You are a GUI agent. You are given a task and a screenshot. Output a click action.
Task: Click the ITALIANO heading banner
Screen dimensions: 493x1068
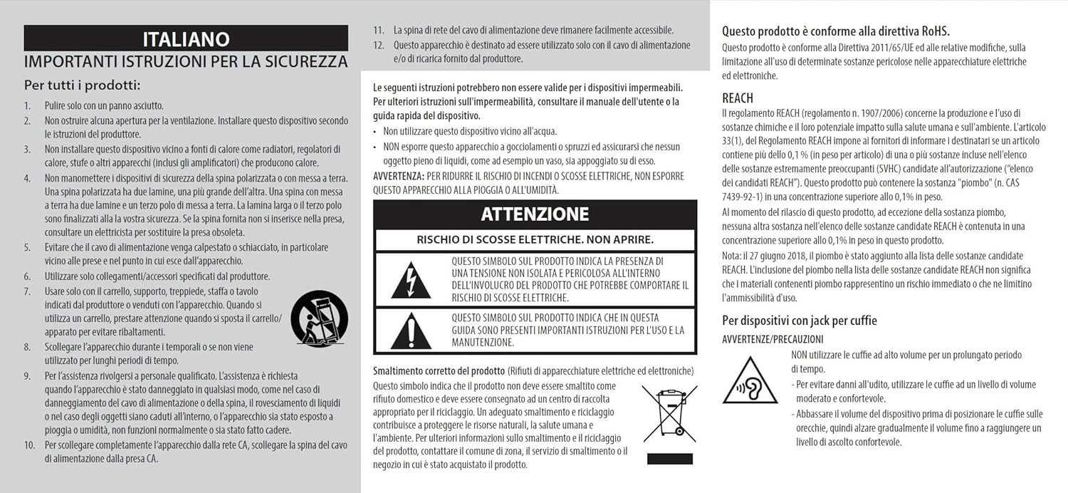tap(186, 38)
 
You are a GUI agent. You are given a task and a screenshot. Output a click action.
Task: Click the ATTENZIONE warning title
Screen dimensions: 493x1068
tap(535, 214)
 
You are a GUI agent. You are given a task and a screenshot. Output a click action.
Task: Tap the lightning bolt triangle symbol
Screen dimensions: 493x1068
tap(410, 279)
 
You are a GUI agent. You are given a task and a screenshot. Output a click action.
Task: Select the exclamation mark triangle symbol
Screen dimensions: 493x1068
tap(410, 330)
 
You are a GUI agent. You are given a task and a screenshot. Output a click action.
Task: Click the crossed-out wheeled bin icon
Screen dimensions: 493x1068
tap(669, 416)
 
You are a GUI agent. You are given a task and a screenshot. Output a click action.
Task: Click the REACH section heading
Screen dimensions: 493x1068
tap(737, 98)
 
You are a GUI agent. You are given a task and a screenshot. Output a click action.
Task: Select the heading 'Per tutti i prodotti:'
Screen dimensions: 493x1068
tap(83, 85)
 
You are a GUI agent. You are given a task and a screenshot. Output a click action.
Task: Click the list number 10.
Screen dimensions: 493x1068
tap(29, 445)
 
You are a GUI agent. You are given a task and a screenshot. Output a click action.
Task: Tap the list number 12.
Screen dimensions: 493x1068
tap(379, 45)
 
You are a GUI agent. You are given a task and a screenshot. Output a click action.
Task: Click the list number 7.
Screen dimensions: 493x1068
tap(27, 291)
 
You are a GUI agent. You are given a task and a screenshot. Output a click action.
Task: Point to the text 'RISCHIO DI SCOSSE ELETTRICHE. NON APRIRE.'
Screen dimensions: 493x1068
tap(535, 240)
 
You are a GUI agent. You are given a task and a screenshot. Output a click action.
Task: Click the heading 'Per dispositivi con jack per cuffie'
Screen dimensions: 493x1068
tap(799, 321)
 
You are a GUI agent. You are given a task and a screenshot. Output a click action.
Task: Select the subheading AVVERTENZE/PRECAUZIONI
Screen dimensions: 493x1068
tap(773, 340)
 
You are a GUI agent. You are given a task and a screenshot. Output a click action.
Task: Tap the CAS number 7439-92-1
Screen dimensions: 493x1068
tap(745, 196)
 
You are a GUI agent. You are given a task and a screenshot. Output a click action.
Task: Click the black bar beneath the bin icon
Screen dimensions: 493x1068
tap(659, 460)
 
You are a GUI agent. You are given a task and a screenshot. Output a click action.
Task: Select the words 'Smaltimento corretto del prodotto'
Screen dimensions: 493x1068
tap(439, 372)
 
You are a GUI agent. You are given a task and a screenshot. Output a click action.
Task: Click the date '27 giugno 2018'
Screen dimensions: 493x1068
tap(778, 255)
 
